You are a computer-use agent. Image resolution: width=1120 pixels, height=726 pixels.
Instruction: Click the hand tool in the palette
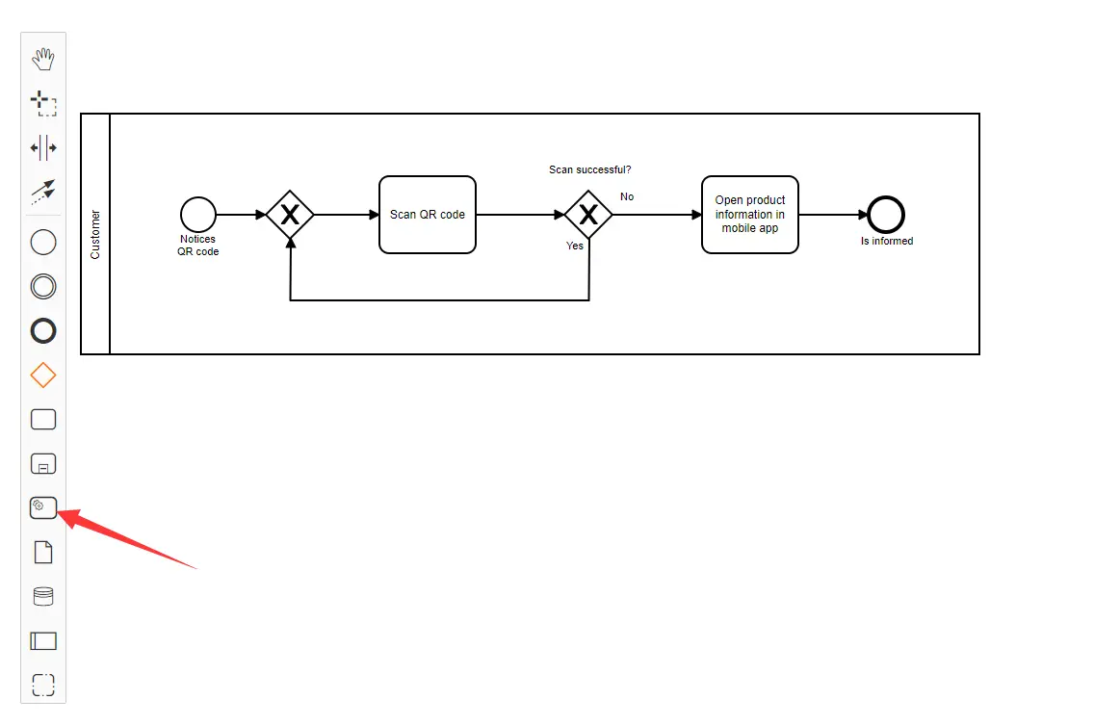tap(43, 60)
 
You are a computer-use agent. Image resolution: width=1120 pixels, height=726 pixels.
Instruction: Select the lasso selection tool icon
tap(43, 103)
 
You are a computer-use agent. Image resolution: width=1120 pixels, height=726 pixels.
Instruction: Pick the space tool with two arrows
tap(43, 147)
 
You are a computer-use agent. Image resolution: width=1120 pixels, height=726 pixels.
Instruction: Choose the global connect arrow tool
tap(43, 192)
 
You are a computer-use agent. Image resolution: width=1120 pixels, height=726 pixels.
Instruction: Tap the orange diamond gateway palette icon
tap(43, 376)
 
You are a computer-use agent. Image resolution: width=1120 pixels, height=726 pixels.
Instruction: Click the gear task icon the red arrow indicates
tap(43, 507)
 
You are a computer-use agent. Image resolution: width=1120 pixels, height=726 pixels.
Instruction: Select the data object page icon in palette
tap(43, 552)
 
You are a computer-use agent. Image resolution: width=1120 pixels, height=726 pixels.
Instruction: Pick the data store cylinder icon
tap(43, 596)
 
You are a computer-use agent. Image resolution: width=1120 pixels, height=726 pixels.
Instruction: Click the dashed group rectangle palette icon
tap(43, 685)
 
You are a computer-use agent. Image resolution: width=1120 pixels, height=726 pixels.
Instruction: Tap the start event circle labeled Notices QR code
tap(197, 215)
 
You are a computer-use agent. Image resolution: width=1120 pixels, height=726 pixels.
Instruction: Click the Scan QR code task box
tap(428, 215)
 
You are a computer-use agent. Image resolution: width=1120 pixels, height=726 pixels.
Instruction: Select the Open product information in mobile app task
tap(750, 215)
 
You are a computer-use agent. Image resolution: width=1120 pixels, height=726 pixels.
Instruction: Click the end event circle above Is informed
tap(886, 215)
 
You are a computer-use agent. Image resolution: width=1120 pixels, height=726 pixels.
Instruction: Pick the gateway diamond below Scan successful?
tap(588, 215)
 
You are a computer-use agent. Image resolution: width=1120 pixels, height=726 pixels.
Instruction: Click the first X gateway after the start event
tap(290, 215)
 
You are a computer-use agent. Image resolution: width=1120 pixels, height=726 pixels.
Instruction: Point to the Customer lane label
tap(95, 234)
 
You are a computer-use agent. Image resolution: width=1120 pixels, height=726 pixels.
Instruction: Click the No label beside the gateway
tap(627, 196)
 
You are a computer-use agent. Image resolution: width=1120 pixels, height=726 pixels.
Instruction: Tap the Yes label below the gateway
tap(575, 246)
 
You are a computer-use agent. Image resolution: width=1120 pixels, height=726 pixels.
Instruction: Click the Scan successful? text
tap(590, 169)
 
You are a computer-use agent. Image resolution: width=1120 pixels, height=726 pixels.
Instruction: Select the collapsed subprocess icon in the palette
tap(43, 463)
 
